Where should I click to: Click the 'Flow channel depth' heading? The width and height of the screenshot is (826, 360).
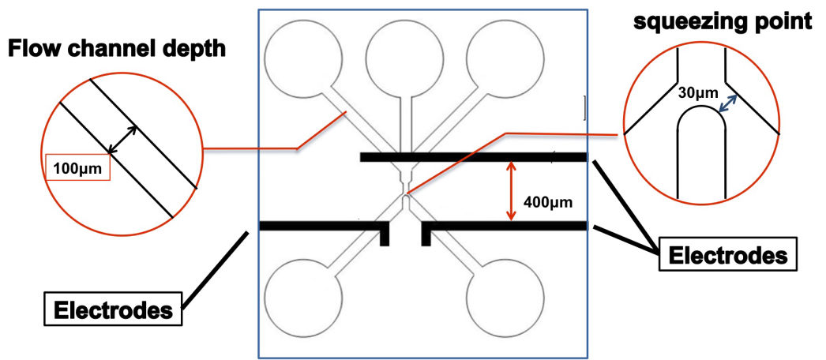[x=118, y=50]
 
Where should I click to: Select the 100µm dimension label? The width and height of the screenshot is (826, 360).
[x=77, y=167]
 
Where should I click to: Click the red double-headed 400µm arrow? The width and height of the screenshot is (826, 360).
[x=512, y=191]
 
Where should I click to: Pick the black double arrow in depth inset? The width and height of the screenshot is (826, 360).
[x=123, y=140]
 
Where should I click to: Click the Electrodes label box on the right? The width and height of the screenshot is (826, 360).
[x=727, y=256]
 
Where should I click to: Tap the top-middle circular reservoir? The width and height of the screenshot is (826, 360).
[x=405, y=58]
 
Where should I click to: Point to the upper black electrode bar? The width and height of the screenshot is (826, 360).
[x=473, y=157]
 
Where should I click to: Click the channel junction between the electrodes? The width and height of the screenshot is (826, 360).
[x=405, y=194]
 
